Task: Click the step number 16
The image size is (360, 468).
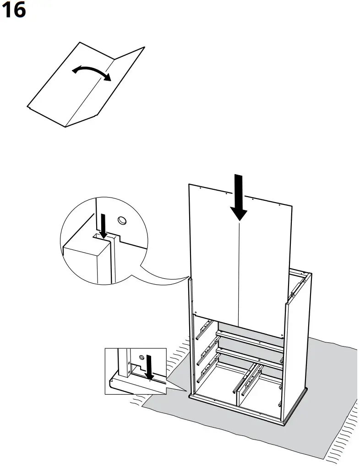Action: click(x=14, y=10)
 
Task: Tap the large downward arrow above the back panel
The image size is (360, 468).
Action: click(x=239, y=197)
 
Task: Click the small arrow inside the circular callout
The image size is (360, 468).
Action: click(x=104, y=226)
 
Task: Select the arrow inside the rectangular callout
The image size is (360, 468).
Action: click(x=149, y=367)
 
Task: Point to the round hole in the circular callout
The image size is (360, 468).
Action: click(x=122, y=221)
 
